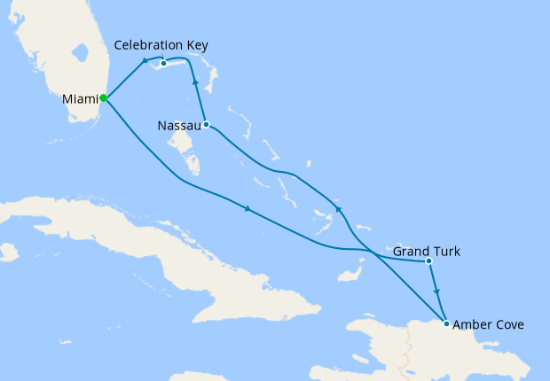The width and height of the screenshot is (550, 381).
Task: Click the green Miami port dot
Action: coord(104,97)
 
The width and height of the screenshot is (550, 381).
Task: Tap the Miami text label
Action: coord(80,98)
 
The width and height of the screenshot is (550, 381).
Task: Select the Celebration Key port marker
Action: coord(163,63)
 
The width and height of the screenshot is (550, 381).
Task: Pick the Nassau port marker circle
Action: coord(205,124)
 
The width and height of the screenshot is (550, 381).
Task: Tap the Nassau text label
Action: coord(177,126)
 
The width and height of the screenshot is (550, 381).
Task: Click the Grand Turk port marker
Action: coord(428,260)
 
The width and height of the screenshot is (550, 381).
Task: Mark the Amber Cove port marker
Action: coord(445,323)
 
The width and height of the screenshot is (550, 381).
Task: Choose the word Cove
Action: coord(509,325)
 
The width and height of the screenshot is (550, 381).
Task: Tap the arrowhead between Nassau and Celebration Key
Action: coord(195,82)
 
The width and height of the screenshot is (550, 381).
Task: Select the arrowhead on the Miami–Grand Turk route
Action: coord(247,209)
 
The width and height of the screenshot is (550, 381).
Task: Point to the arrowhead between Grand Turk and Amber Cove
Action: coord(436,291)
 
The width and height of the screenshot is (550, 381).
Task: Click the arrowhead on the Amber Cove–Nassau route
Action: coord(338,209)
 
